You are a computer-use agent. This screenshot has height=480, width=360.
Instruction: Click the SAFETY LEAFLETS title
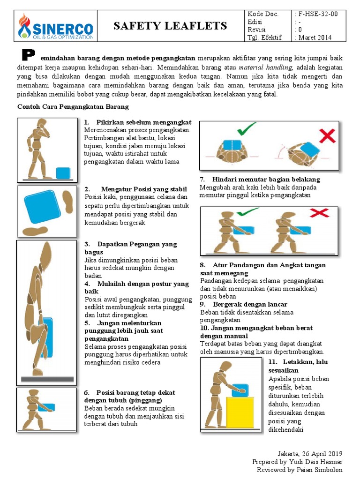(170, 26)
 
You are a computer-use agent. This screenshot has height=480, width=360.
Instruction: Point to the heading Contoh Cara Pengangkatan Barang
(73, 107)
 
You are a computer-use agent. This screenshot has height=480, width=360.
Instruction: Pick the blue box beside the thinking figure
(63, 173)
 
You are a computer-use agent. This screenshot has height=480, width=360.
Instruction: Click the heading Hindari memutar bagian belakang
(266, 180)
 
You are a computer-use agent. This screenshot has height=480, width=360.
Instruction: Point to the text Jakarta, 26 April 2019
(310, 453)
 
